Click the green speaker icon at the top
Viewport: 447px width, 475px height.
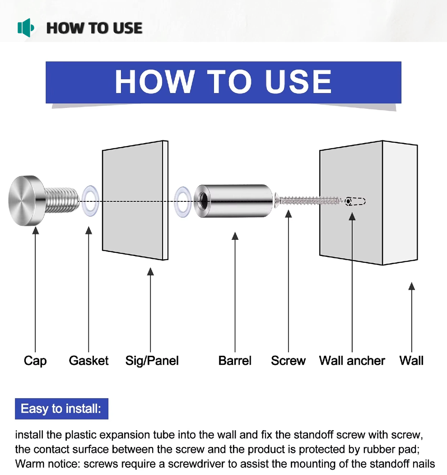click(x=26, y=28)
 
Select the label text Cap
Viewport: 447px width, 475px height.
click(x=35, y=361)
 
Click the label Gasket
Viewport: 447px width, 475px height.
click(x=89, y=361)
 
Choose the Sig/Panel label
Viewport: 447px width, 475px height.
click(x=152, y=361)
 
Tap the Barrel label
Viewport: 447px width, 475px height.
click(x=235, y=361)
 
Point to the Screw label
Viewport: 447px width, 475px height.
click(x=288, y=361)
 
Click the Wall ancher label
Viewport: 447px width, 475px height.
click(x=352, y=361)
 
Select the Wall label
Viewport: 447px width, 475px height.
click(x=411, y=361)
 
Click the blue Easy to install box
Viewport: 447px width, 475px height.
click(x=61, y=409)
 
